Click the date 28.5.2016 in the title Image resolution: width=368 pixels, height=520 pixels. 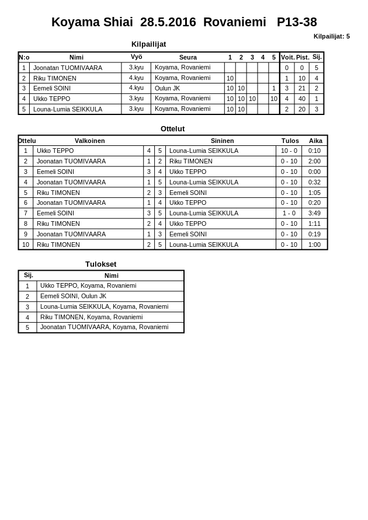coord(168,22)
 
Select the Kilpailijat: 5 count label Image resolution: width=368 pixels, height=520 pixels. coord(331,36)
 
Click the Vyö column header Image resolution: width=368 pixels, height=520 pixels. coord(136,57)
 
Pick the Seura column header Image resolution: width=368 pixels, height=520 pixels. coord(188,57)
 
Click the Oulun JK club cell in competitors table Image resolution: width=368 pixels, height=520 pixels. coord(168,88)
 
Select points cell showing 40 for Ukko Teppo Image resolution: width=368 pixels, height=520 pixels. coord(302,99)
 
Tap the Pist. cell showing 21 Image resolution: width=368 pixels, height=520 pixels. coord(302,88)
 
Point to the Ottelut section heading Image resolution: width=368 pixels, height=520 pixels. coord(172,129)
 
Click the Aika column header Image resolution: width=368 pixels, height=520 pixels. coord(315,141)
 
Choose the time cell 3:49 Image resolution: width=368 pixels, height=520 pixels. coord(314,213)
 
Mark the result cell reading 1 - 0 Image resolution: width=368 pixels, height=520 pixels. coord(289,213)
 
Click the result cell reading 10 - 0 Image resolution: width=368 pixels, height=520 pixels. coord(289,151)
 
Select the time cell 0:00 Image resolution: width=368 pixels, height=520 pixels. coord(314,172)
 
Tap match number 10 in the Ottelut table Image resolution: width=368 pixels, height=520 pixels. coord(26,245)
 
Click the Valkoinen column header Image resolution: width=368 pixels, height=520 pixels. coord(90,141)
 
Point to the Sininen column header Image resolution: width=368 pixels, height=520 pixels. coord(222,141)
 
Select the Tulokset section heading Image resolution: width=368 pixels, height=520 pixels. coord(100,264)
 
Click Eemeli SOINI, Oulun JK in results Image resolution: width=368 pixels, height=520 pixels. coord(74,296)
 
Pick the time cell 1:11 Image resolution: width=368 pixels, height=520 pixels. coord(314,224)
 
